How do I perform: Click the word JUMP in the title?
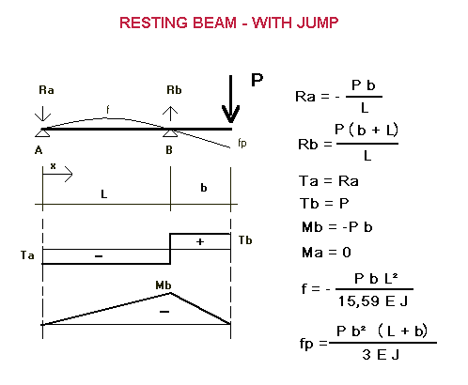coord(318,23)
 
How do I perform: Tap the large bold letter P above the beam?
coord(257,80)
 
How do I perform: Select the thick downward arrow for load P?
coord(230,99)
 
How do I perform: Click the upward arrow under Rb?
coord(170,114)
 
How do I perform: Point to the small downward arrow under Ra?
coord(42,114)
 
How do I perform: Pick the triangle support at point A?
coord(42,133)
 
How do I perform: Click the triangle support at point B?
coord(170,133)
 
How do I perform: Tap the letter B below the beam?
coord(169,150)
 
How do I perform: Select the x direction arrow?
coord(57,174)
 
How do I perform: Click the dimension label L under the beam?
coord(104,194)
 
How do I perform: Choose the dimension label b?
coord(204,188)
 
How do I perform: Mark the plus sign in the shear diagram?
coord(200,241)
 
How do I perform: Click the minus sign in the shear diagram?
coord(99,256)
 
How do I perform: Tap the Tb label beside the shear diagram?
coord(245,240)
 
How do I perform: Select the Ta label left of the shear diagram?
coord(27,255)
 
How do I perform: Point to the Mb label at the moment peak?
coord(164,285)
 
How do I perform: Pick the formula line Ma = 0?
coord(326,253)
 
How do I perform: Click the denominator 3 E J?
coord(381,355)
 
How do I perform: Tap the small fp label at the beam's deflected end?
coord(242,143)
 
